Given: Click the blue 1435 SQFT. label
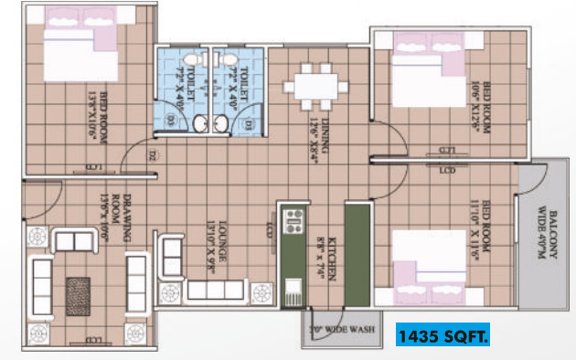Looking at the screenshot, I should (443, 335).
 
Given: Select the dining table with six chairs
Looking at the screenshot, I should (315, 89).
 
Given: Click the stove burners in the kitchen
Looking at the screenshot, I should (294, 222).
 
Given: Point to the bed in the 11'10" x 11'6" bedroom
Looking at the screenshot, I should (427, 263).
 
